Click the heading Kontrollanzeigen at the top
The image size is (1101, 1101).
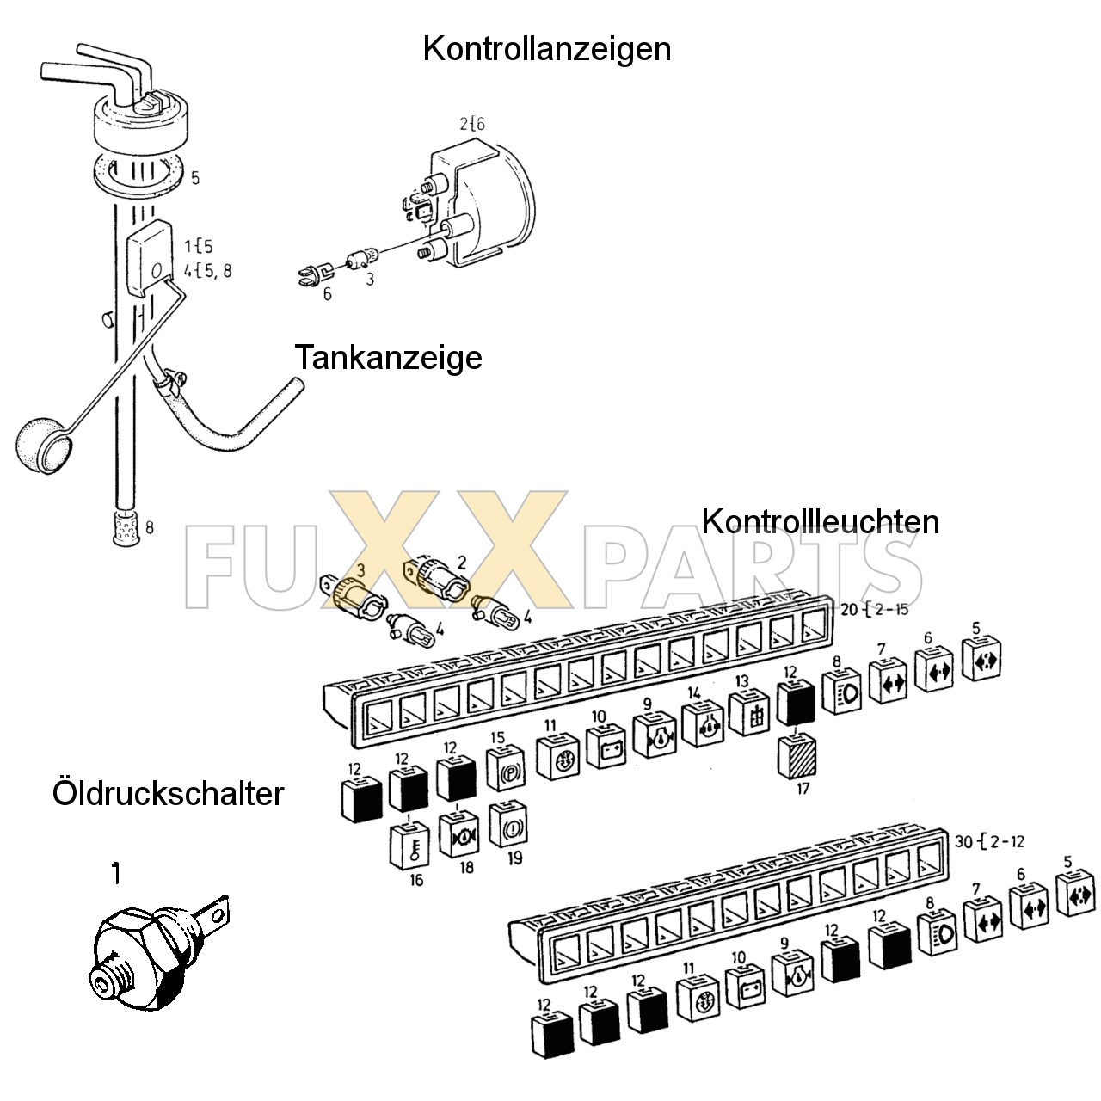click(x=546, y=49)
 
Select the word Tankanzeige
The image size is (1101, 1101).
click(x=388, y=357)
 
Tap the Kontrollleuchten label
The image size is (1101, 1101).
click(x=820, y=521)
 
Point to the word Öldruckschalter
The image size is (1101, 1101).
click(x=168, y=792)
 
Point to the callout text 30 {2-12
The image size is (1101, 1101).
click(x=989, y=840)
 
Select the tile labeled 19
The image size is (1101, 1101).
click(x=507, y=826)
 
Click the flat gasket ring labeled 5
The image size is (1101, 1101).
click(x=138, y=171)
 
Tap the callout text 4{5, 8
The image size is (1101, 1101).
click(x=207, y=271)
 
